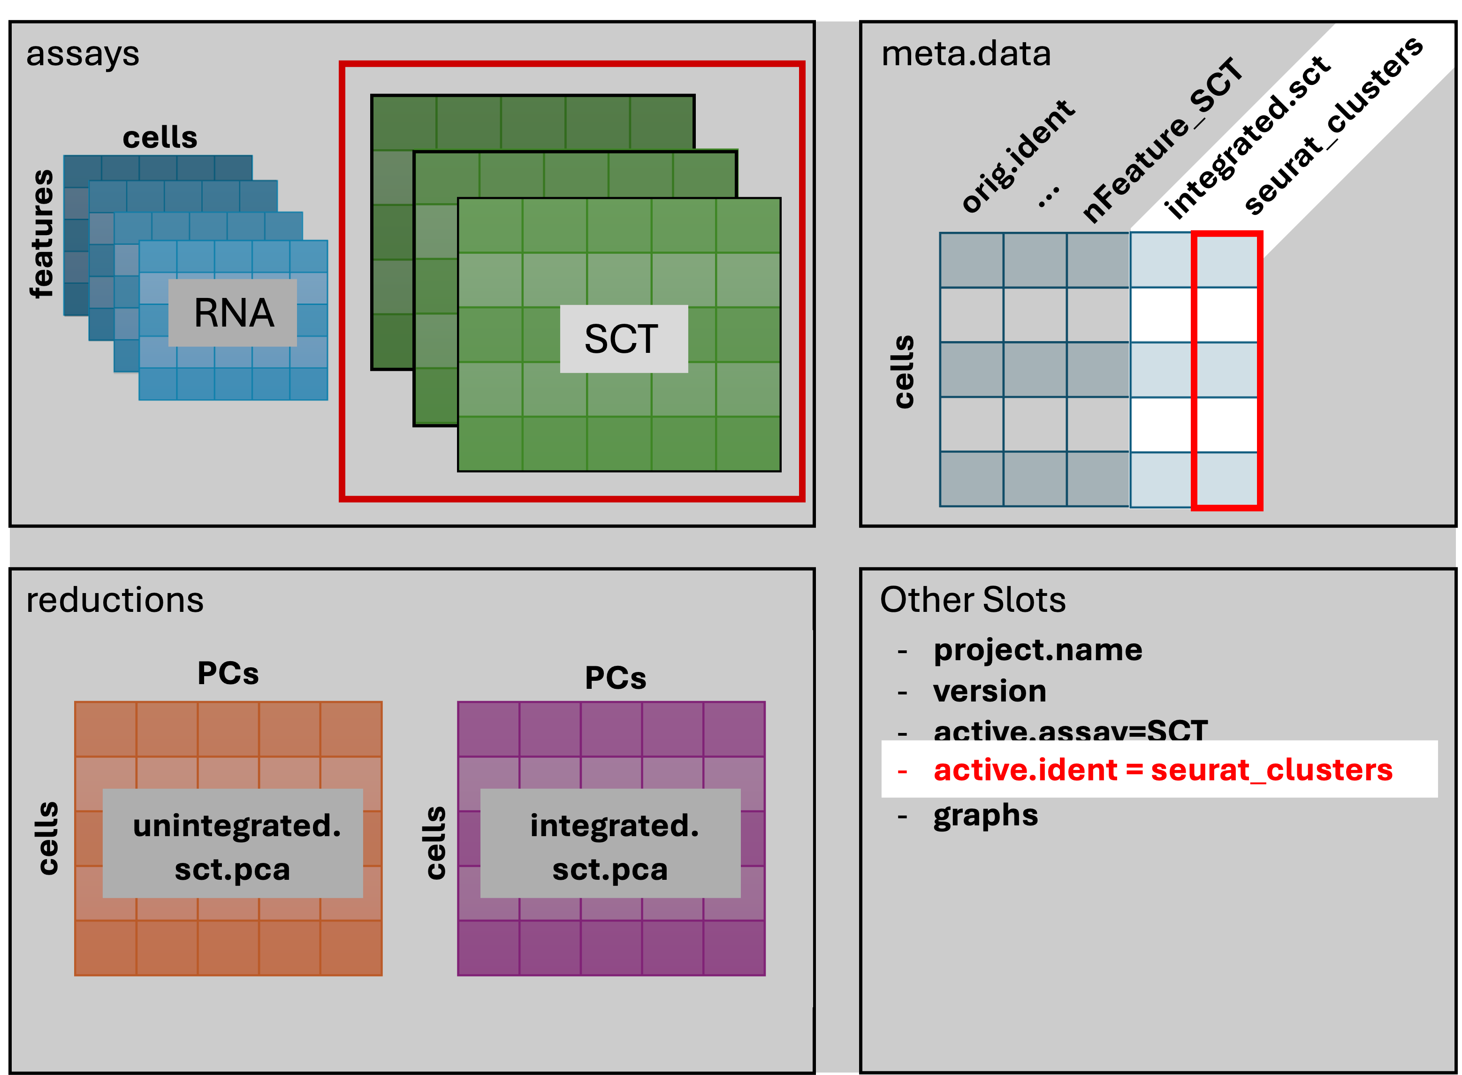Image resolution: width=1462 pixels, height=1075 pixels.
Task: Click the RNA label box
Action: (x=233, y=313)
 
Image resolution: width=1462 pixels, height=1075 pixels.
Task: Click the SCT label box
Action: (x=623, y=339)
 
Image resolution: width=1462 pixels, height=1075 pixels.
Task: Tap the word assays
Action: (x=83, y=54)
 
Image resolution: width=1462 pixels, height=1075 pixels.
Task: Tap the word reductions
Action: (x=114, y=600)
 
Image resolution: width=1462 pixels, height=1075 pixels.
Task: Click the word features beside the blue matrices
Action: (x=42, y=234)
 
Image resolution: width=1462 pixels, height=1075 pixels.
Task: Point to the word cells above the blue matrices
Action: (x=160, y=138)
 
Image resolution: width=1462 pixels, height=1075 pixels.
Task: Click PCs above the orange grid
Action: (x=228, y=673)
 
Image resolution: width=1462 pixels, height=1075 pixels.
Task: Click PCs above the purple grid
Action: (x=616, y=678)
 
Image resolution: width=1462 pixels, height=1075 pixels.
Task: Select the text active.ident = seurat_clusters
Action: (x=1163, y=770)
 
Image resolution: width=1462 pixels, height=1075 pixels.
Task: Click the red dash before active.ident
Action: (x=902, y=772)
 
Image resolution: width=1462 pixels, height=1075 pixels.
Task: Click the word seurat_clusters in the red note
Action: (x=1272, y=770)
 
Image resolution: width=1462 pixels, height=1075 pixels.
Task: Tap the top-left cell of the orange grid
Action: (x=106, y=729)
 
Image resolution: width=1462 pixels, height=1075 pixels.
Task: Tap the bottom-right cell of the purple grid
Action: (x=734, y=947)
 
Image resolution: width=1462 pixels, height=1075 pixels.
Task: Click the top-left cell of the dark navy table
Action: (x=971, y=259)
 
